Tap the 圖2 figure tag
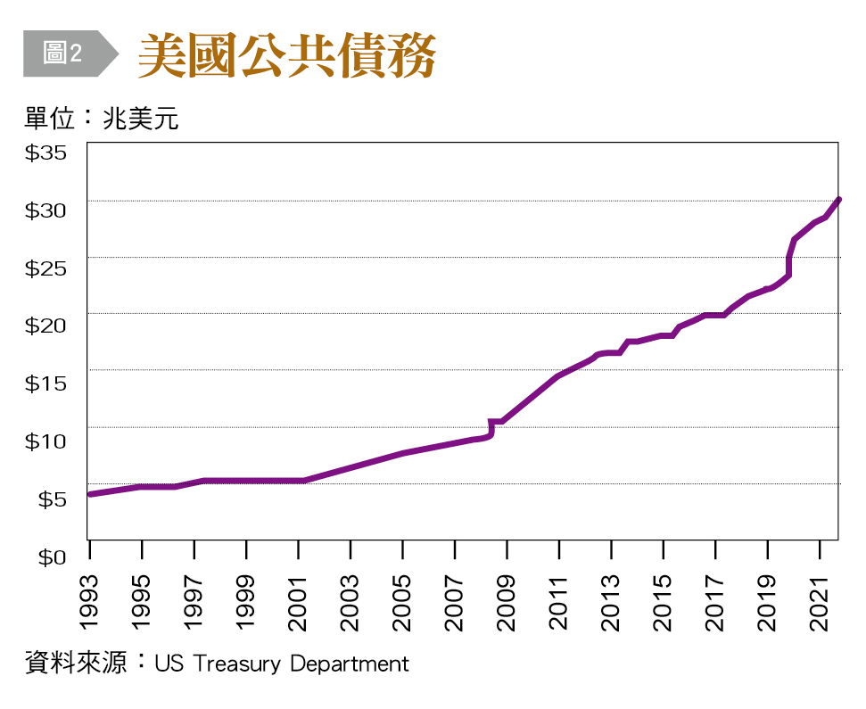pyautogui.click(x=63, y=54)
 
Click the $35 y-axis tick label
pyautogui.click(x=46, y=153)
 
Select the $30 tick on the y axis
pyautogui.click(x=46, y=210)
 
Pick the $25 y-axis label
pyautogui.click(x=46, y=268)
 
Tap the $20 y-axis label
pyautogui.click(x=46, y=325)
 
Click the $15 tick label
pyautogui.click(x=46, y=383)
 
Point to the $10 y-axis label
pyautogui.click(x=46, y=441)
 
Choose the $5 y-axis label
pyautogui.click(x=52, y=499)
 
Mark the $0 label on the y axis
pyautogui.click(x=52, y=556)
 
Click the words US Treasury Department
pyautogui.click(x=281, y=664)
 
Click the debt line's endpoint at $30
pyautogui.click(x=838, y=200)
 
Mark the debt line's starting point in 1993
pyautogui.click(x=90, y=493)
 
